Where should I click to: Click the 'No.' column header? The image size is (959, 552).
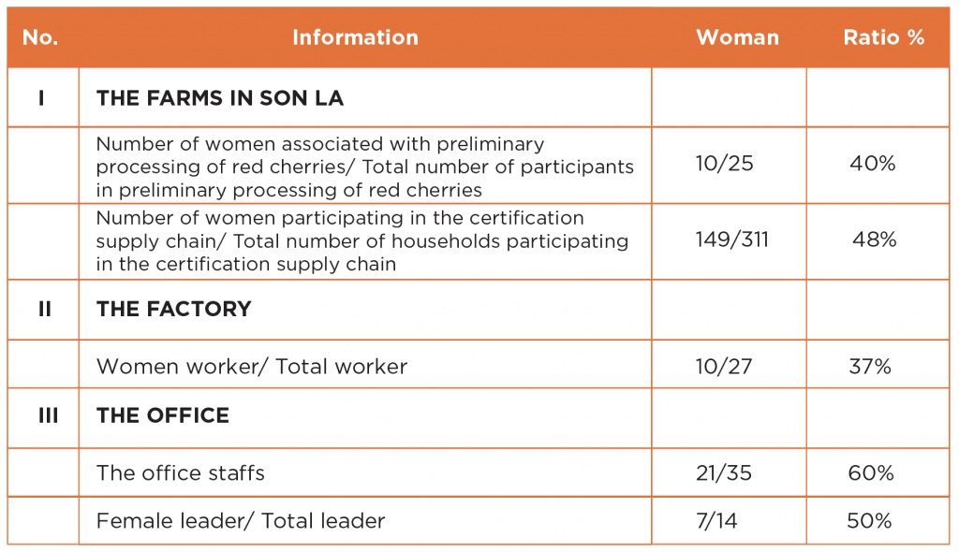40,37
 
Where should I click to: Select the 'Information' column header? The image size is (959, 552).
355,37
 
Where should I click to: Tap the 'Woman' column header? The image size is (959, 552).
738,37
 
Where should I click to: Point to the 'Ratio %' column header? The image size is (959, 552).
884,37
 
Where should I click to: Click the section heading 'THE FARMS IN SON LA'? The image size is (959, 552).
220,98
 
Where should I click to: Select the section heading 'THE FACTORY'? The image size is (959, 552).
173,309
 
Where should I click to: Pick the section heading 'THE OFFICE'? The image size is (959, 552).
163,415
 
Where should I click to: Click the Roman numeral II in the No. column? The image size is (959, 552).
45,309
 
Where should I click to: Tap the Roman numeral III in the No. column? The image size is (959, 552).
49,415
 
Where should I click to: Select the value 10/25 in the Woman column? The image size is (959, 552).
724,163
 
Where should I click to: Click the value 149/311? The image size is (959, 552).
732,239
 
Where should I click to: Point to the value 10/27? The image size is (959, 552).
724,366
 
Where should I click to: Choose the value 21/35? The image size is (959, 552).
724,472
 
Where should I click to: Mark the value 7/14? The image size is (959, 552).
716,520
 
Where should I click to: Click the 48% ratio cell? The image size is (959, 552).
875,239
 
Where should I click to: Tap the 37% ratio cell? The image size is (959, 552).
870,366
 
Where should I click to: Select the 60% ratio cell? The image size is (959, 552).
871,472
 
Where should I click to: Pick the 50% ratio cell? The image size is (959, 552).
869,520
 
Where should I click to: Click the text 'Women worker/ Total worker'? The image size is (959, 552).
252,366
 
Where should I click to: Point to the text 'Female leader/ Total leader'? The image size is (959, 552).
241,520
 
